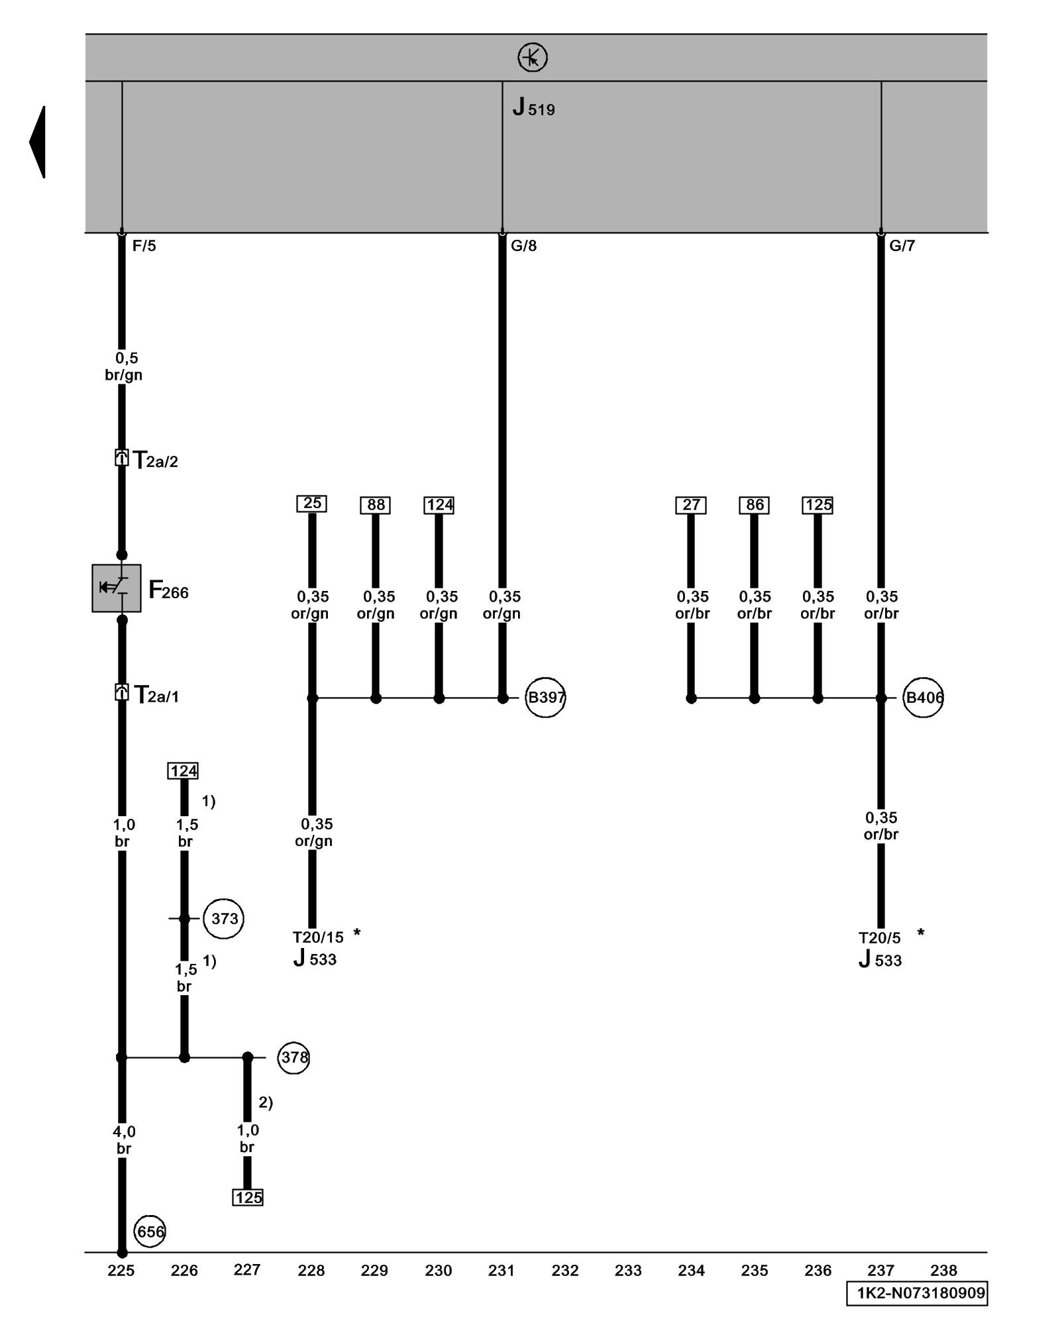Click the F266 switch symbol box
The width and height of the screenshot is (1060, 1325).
(117, 588)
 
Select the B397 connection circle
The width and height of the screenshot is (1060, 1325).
(545, 697)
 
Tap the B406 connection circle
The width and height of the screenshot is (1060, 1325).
(924, 697)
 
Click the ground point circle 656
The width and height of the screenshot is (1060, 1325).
(150, 1231)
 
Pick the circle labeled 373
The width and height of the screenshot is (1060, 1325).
(224, 918)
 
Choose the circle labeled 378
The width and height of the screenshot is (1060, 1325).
(293, 1057)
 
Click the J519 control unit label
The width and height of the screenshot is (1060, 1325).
(533, 108)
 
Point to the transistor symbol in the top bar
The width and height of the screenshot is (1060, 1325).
(533, 58)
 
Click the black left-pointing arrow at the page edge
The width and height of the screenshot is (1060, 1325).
(38, 142)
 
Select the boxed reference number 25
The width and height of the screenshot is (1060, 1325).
(311, 503)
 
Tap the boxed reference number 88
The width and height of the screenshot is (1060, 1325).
(376, 505)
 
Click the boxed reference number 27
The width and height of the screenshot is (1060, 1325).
(691, 505)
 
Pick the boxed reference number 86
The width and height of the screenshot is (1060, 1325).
(755, 505)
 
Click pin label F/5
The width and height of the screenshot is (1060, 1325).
(144, 246)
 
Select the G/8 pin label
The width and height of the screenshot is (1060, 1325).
(523, 246)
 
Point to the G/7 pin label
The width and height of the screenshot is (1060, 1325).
(902, 246)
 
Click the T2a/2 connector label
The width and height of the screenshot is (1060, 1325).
(156, 460)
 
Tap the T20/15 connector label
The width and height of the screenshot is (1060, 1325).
(318, 937)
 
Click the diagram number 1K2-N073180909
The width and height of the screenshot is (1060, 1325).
(917, 1293)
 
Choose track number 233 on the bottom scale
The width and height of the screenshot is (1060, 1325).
(628, 1270)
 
